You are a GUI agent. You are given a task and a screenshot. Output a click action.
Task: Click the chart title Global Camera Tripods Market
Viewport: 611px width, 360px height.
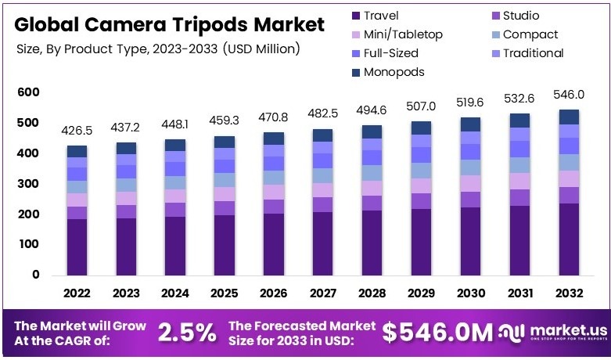point(170,25)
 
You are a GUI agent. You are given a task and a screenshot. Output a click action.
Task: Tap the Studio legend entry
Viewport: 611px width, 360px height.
point(520,15)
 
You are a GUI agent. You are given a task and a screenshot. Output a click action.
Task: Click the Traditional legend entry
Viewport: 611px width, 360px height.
point(533,52)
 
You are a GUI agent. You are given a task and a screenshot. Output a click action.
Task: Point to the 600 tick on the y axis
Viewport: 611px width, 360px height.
point(28,92)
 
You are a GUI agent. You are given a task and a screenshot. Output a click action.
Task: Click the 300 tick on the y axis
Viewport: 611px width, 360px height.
point(28,184)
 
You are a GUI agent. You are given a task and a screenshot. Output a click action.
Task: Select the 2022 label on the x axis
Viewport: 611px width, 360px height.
point(77,293)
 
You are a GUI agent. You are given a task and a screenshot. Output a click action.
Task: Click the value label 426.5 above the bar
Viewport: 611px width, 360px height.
point(77,130)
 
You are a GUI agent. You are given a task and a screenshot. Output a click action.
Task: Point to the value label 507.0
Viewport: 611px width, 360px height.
point(422,106)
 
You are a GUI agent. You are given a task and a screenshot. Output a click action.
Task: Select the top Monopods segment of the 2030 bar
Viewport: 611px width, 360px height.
point(470,124)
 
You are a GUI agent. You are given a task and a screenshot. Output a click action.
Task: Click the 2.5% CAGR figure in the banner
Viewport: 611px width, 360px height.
point(187,333)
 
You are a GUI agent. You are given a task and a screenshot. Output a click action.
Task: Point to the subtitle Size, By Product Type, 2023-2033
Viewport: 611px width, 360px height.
point(158,49)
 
